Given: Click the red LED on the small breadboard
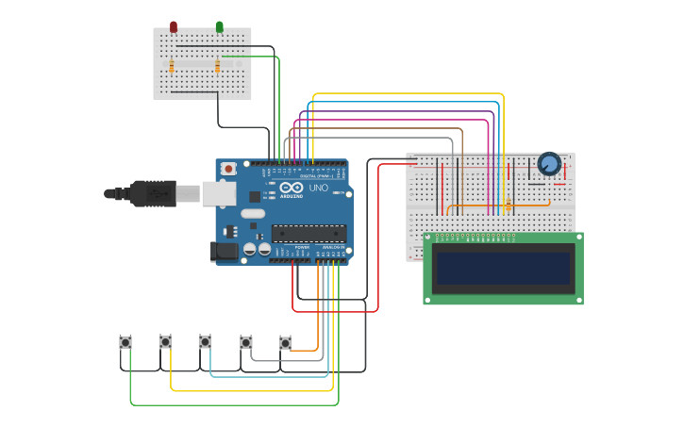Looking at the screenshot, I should [x=173, y=27].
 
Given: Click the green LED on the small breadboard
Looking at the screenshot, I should [x=220, y=27].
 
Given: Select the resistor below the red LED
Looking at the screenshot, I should [x=172, y=66].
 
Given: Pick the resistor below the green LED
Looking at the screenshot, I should [x=218, y=66].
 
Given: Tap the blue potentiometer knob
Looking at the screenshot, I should [x=548, y=165].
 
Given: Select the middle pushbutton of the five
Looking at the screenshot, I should [x=205, y=341].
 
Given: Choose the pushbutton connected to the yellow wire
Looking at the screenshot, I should [x=165, y=341].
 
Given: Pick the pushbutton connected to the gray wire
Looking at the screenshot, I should [x=246, y=342].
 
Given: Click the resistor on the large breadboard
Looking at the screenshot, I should [x=509, y=205].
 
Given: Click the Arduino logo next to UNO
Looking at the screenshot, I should [x=292, y=191].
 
